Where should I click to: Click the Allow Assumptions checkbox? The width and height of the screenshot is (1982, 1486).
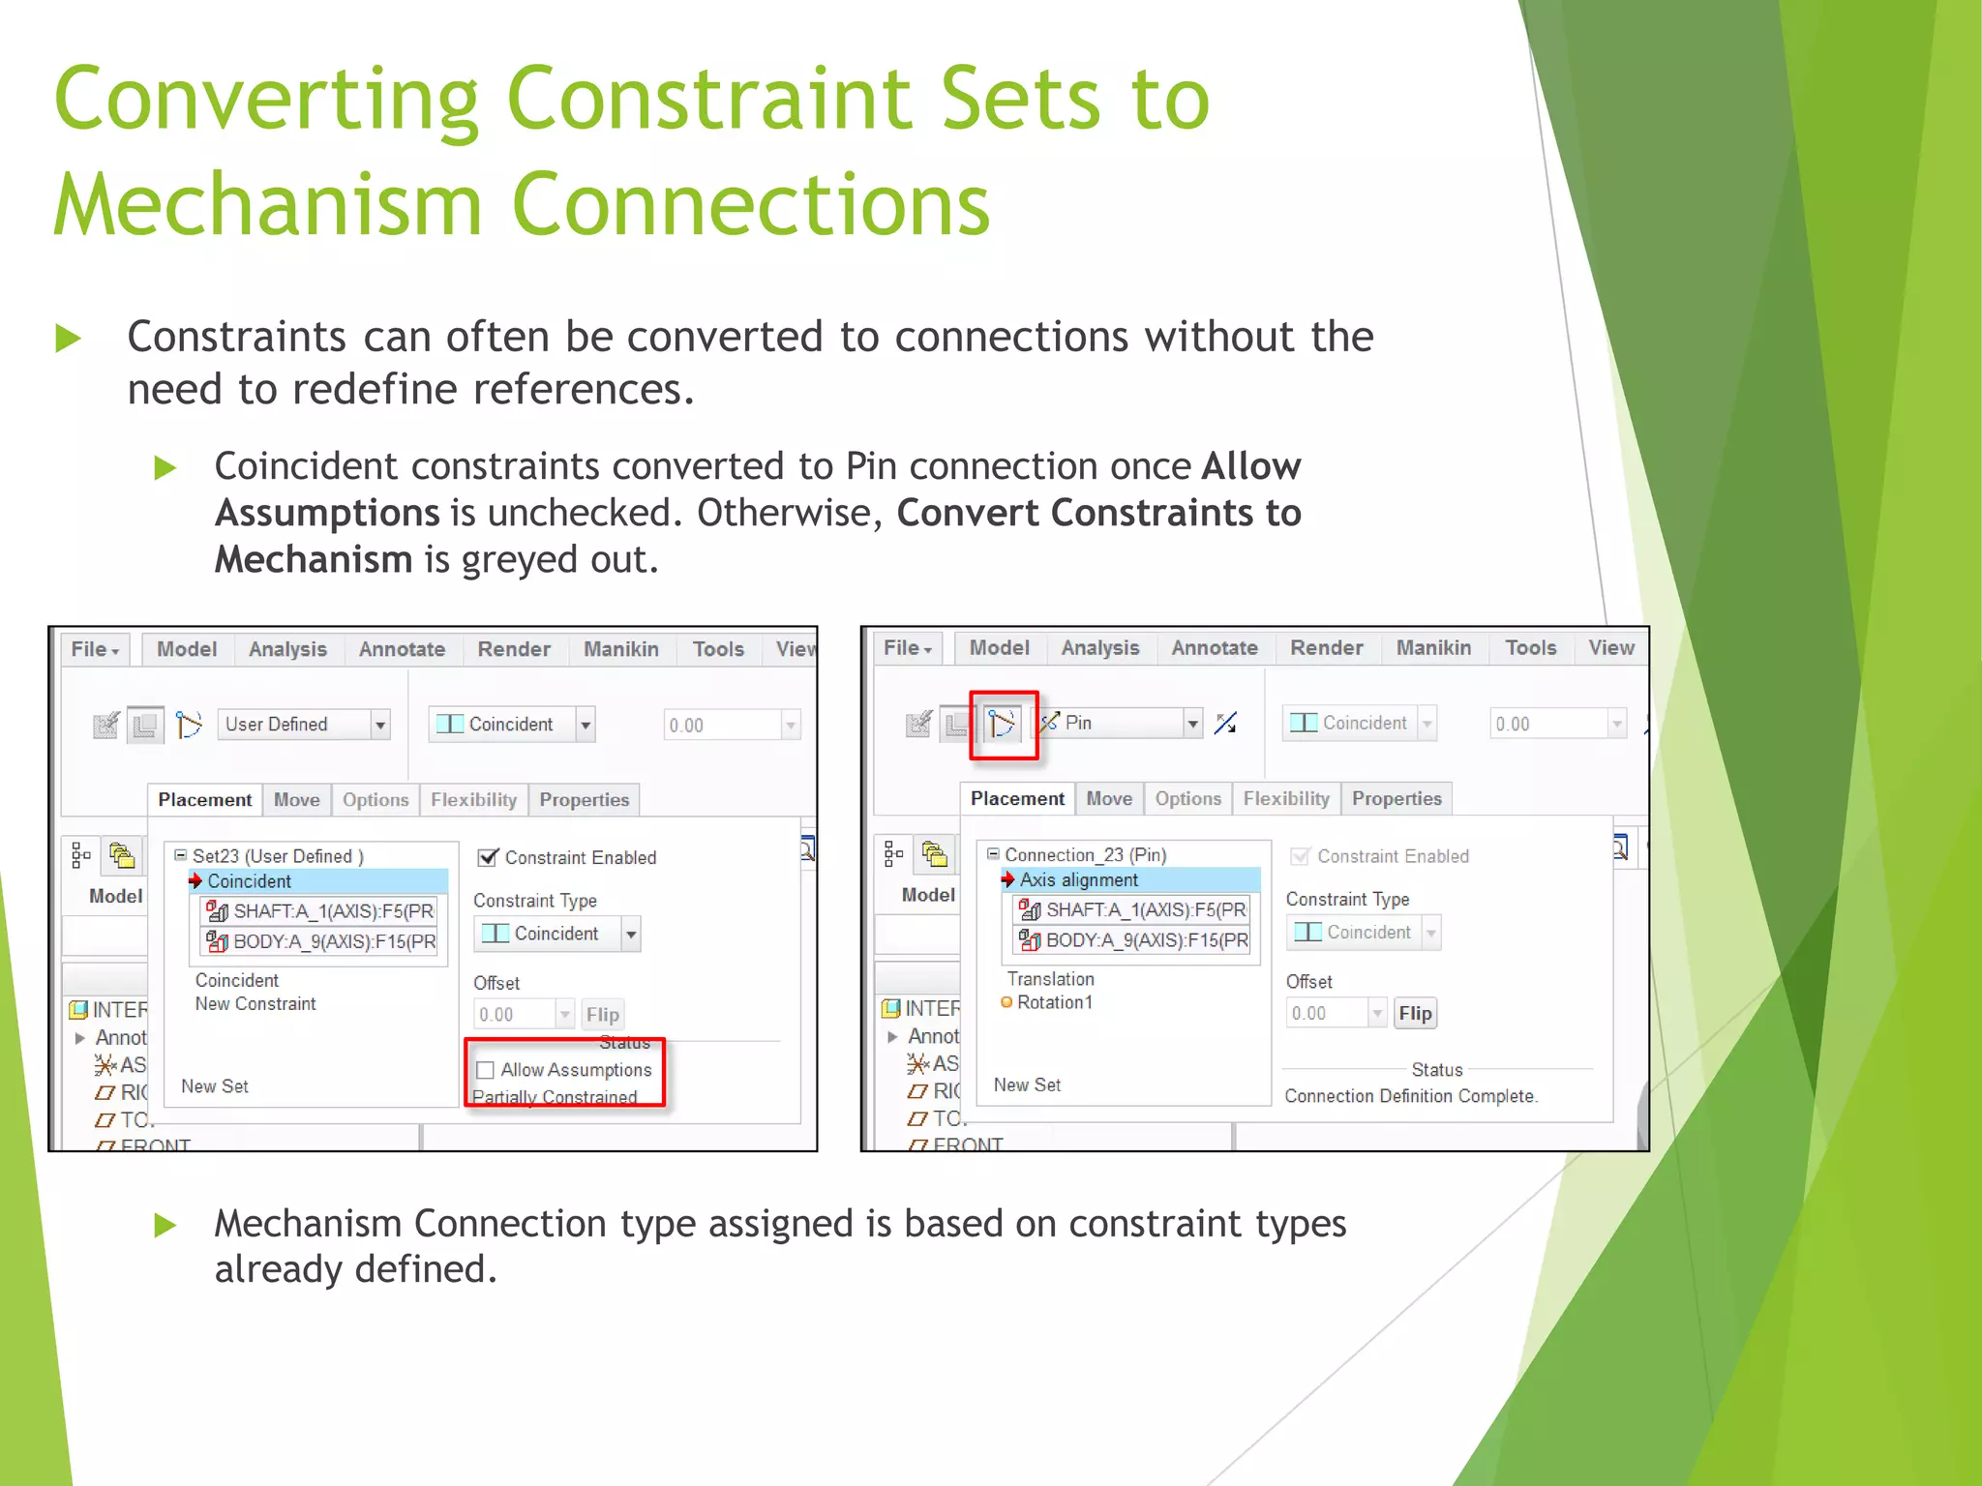[486, 1070]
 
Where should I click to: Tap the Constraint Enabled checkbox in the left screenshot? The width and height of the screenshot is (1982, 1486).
[489, 857]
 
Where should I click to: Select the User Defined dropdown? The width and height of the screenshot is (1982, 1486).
[304, 725]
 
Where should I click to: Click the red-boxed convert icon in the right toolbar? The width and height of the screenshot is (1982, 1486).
[1003, 724]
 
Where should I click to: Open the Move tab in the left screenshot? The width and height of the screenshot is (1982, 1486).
[296, 800]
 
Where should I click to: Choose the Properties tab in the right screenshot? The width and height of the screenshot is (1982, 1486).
[1396, 799]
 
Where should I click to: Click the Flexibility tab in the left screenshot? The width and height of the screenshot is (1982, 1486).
[473, 800]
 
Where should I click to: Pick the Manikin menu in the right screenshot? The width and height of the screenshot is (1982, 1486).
[1433, 648]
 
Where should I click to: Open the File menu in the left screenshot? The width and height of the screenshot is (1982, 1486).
[94, 649]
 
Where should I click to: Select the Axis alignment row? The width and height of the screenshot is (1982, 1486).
[1079, 880]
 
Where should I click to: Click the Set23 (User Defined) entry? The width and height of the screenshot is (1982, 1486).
[277, 856]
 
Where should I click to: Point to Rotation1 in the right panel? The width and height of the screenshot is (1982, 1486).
[1054, 1002]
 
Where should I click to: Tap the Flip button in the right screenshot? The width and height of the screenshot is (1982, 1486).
[1415, 1013]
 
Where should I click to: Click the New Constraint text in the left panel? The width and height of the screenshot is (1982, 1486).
[255, 1004]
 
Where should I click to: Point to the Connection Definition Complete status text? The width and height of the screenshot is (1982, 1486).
[1410, 1096]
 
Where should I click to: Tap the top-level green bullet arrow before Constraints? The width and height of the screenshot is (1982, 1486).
[68, 339]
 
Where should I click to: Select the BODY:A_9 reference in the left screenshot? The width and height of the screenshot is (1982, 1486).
[333, 941]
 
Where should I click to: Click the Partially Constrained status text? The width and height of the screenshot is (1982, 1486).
[555, 1097]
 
